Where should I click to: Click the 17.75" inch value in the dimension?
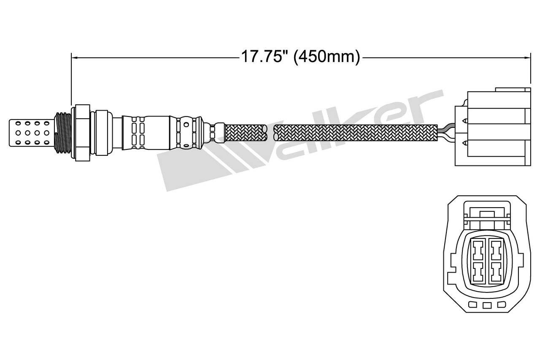(262, 57)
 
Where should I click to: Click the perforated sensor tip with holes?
(31, 133)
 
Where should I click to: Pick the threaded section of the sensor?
(63, 133)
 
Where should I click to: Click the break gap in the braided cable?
(270, 133)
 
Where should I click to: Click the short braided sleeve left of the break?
(246, 133)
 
